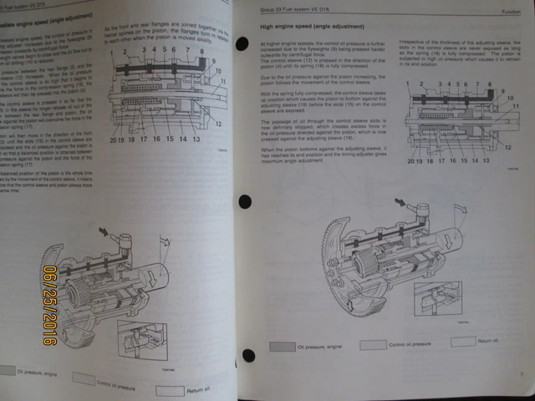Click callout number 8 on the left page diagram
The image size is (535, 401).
coord(201,52)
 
